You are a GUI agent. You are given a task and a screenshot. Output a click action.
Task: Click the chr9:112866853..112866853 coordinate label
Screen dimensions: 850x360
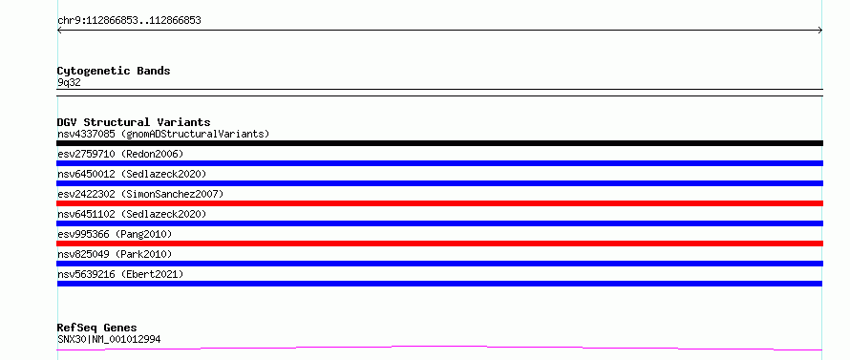tap(129, 21)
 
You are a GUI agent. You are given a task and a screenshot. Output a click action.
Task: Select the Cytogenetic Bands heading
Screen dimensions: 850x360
tap(114, 71)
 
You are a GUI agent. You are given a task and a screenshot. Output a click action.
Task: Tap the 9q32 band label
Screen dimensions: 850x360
tap(69, 83)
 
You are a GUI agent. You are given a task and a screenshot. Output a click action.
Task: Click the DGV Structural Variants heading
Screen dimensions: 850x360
tap(134, 122)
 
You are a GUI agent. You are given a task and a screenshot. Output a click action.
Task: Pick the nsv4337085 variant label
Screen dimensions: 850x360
tap(163, 134)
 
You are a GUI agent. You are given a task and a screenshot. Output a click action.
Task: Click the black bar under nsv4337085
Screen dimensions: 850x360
tap(439, 143)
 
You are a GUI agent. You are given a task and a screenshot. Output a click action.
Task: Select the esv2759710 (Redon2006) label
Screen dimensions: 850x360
tap(120, 154)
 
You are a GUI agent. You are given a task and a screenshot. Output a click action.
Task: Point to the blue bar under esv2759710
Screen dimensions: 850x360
tap(439, 163)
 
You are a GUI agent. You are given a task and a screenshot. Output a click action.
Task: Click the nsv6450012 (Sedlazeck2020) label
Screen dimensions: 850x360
tap(132, 174)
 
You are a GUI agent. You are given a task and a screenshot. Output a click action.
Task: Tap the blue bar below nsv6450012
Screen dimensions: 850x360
tap(439, 183)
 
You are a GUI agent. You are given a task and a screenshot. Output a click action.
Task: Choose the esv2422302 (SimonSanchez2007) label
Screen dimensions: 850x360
tap(140, 194)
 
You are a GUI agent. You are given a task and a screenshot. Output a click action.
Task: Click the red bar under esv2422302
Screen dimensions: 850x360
tap(439, 203)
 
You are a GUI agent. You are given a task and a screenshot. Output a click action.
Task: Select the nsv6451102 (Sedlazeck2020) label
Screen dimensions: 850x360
tap(132, 214)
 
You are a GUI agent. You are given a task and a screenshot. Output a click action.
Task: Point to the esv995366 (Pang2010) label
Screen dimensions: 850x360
tap(115, 234)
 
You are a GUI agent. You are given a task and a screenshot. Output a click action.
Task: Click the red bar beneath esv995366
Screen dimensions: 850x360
tap(439, 244)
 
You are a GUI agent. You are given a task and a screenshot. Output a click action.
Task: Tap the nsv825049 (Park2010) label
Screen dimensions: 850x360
tap(115, 254)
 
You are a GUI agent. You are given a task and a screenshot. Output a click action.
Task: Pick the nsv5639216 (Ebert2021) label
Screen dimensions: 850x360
tap(120, 274)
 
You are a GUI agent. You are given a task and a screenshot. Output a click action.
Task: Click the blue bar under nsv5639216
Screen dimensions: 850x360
tap(439, 284)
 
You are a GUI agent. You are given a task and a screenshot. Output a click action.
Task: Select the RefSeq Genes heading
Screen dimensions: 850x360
tap(96, 328)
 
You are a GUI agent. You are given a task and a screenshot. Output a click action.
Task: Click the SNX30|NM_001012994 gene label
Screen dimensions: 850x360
tap(109, 339)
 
